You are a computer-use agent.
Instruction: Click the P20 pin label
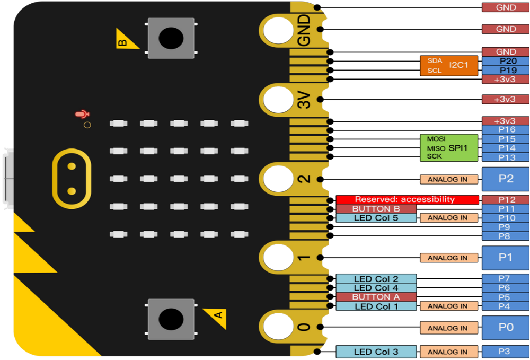(x=506, y=61)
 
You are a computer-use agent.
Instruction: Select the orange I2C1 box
(x=449, y=66)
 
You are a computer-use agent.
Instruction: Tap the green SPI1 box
(x=449, y=148)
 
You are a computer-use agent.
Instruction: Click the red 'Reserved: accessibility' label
(x=407, y=199)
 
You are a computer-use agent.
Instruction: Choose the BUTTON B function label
(x=376, y=209)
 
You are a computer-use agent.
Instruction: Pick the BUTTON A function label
(x=376, y=297)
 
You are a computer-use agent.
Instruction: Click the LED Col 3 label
(x=376, y=352)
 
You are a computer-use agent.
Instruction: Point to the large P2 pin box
(x=506, y=179)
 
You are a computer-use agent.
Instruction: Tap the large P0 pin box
(x=506, y=327)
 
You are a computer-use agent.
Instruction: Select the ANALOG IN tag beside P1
(x=449, y=258)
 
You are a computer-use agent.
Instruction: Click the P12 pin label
(x=506, y=199)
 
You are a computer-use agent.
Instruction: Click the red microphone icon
(x=82, y=114)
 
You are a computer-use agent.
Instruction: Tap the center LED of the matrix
(x=179, y=179)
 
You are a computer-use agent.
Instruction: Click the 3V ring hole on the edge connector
(x=278, y=99)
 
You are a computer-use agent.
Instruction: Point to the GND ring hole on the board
(x=278, y=30)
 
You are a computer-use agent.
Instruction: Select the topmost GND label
(x=506, y=7)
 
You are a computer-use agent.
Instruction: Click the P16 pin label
(x=506, y=130)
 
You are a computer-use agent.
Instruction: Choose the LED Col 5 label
(x=376, y=218)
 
